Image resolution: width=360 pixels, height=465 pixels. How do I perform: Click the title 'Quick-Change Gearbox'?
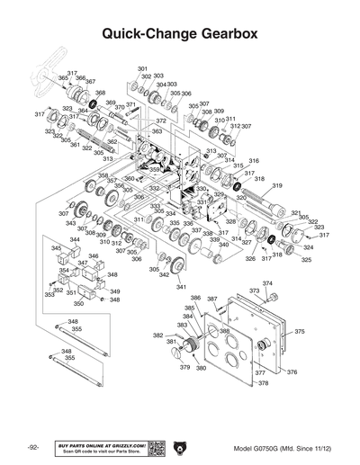tap(180, 33)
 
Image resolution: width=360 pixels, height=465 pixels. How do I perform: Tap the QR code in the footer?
tap(154, 448)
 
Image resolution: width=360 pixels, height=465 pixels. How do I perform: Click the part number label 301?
tap(142, 69)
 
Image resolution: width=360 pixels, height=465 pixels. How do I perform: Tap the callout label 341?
tap(181, 287)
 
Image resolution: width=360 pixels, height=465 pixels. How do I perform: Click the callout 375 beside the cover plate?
tap(300, 332)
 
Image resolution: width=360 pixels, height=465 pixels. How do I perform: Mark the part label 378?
tap(263, 383)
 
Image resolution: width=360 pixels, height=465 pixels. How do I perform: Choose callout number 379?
tap(184, 367)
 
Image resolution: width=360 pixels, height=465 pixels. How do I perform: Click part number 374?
tap(267, 284)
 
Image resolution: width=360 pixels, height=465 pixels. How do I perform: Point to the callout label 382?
tap(157, 335)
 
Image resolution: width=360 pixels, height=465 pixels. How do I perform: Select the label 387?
tap(211, 299)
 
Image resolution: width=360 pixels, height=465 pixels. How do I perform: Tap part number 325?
tap(306, 259)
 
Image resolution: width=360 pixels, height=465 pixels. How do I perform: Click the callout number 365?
tap(63, 79)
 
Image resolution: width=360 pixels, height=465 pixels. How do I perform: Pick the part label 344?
tap(75, 240)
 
